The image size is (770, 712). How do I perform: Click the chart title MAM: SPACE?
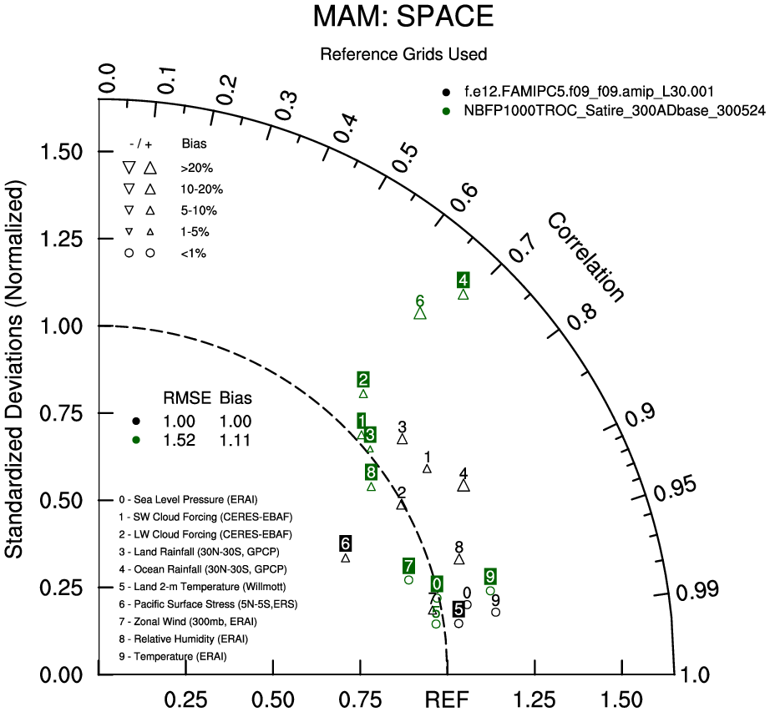[403, 18]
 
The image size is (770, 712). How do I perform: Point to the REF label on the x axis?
[448, 699]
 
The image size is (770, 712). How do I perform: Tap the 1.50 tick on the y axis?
[68, 152]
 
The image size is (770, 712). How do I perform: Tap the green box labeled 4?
[463, 280]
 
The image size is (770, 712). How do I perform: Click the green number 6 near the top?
[420, 300]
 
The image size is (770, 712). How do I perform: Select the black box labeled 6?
[346, 544]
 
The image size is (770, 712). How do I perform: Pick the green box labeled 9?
[490, 576]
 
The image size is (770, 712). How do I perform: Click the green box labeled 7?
[408, 566]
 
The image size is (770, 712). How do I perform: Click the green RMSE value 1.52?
[180, 441]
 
